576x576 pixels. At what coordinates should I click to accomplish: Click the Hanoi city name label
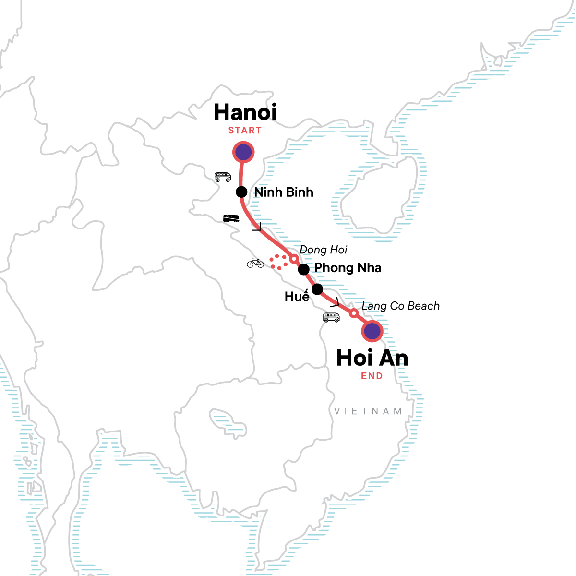(x=245, y=112)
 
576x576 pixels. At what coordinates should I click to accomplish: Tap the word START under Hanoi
(x=245, y=131)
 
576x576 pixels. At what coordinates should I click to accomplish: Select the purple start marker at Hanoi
(x=243, y=152)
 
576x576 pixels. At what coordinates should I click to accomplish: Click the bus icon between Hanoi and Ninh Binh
(x=222, y=177)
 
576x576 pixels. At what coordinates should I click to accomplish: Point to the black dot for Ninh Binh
(x=241, y=192)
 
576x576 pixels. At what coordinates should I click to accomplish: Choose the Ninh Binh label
(x=284, y=192)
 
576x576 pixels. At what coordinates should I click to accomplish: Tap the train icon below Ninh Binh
(x=231, y=218)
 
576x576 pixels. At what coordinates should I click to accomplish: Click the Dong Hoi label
(x=323, y=250)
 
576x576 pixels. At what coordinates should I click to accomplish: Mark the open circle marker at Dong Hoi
(x=294, y=258)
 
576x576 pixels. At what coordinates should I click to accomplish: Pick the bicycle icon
(x=255, y=263)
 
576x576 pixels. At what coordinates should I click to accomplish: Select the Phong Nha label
(x=348, y=268)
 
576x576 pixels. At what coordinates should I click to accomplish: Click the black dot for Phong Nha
(x=303, y=269)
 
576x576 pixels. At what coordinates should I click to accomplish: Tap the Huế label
(x=297, y=296)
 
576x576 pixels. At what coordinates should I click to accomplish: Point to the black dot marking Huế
(x=317, y=289)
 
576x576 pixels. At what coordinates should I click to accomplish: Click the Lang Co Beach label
(x=400, y=306)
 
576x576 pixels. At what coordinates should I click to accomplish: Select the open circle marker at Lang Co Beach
(x=354, y=313)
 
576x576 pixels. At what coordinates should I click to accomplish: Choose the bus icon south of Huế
(x=331, y=317)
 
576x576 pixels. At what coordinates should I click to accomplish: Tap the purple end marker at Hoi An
(x=372, y=331)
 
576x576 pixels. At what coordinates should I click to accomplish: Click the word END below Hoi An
(x=372, y=376)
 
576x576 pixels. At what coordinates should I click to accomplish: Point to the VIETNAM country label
(x=368, y=411)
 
